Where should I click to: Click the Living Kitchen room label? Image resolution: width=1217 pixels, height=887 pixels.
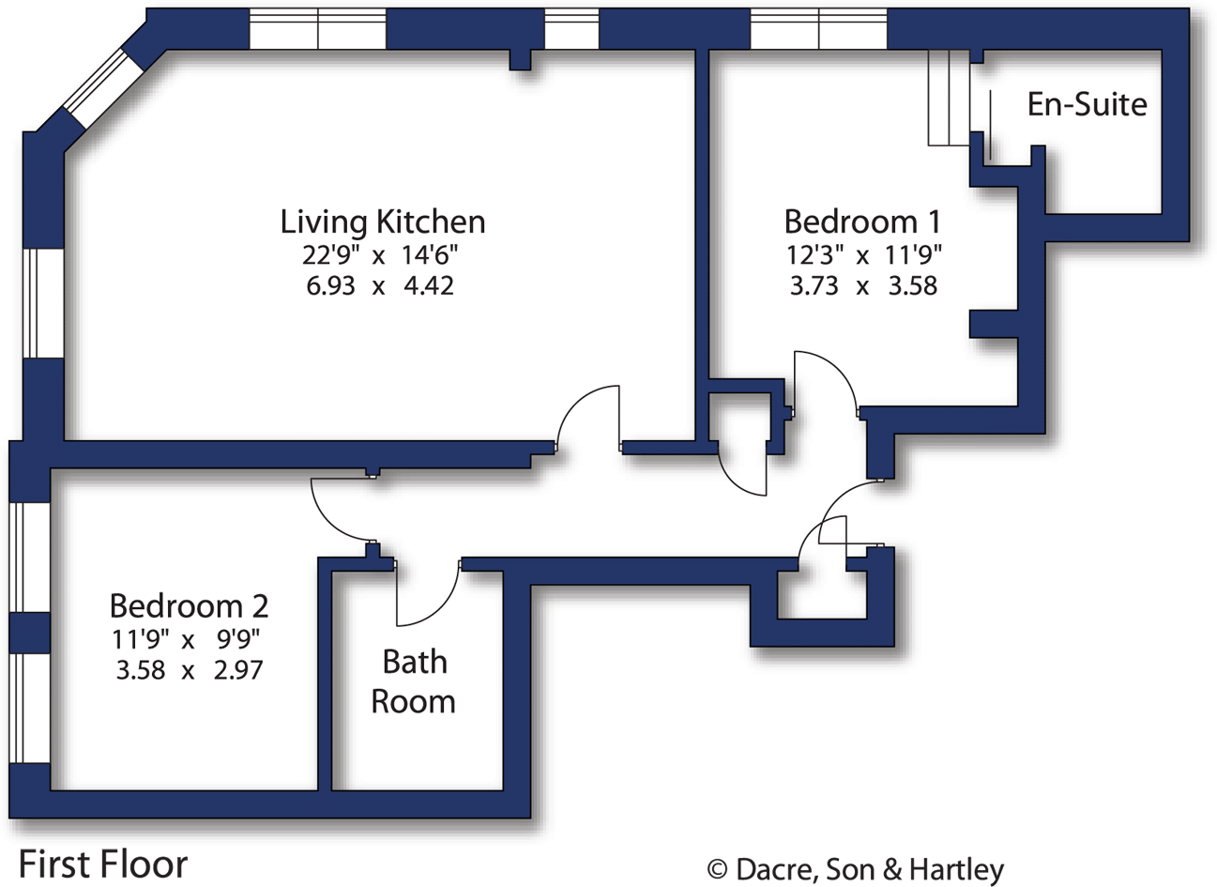pos(383,222)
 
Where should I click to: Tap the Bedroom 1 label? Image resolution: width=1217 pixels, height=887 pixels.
pos(861,222)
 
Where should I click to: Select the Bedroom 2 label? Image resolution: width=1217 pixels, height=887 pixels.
pos(189,605)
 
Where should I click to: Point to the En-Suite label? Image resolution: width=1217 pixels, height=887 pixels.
pos(1087,103)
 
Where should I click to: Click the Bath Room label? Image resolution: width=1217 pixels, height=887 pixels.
pos(414,681)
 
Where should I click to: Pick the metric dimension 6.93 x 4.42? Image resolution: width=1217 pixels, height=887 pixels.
pos(380,285)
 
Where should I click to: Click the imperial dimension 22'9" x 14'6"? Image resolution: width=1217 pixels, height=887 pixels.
pos(380,254)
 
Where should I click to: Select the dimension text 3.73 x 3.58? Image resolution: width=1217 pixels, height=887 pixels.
pos(862,285)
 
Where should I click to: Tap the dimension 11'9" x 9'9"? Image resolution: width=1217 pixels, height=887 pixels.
pos(186,639)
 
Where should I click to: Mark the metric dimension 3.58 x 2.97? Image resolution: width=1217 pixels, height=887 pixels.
pos(188,670)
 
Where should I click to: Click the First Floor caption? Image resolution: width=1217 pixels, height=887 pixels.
pos(103,864)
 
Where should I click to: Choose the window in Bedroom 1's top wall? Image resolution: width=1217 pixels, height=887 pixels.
pos(818,30)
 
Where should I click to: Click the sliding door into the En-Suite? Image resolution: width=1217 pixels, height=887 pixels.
pos(950,99)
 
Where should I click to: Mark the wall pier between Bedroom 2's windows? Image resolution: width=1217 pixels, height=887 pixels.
pos(29,631)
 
